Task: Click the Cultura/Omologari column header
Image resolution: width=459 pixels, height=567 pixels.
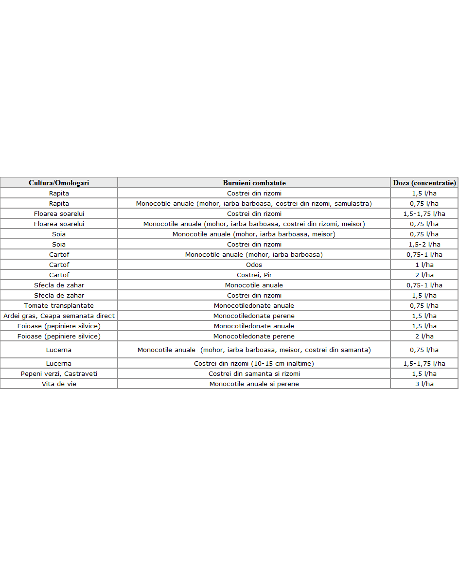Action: pyautogui.click(x=59, y=183)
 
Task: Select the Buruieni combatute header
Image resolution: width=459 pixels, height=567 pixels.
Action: pyautogui.click(x=254, y=183)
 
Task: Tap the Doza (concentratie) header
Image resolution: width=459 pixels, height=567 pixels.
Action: pyautogui.click(x=424, y=183)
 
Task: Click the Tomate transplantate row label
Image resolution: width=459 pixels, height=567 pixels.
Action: pyautogui.click(x=59, y=305)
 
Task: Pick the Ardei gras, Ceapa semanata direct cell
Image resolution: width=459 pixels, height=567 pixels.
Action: pyautogui.click(x=59, y=316)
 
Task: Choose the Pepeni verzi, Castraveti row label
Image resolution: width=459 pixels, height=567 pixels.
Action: pyautogui.click(x=59, y=373)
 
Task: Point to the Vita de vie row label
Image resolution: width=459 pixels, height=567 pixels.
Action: pyautogui.click(x=59, y=384)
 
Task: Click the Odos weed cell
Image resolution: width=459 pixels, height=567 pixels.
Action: pyautogui.click(x=254, y=265)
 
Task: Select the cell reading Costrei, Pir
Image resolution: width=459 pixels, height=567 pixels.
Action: pyautogui.click(x=254, y=275)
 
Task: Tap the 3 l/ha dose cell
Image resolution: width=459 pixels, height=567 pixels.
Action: pyautogui.click(x=424, y=384)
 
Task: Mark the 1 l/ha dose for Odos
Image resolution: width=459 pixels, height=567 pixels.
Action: pyautogui.click(x=424, y=265)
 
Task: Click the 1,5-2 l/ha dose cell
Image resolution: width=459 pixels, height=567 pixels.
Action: pyautogui.click(x=424, y=244)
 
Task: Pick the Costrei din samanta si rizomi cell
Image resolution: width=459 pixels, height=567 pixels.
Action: pyautogui.click(x=254, y=373)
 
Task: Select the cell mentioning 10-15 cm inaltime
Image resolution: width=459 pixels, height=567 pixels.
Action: pyautogui.click(x=254, y=363)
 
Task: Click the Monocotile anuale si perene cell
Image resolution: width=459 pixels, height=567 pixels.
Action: pyautogui.click(x=254, y=384)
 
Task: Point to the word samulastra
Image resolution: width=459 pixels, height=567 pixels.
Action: pyautogui.click(x=353, y=203)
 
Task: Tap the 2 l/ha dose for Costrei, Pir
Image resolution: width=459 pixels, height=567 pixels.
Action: pyautogui.click(x=424, y=275)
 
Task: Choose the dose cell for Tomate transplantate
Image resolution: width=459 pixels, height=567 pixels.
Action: pyautogui.click(x=424, y=305)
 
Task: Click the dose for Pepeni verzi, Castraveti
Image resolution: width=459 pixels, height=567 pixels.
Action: pyautogui.click(x=424, y=373)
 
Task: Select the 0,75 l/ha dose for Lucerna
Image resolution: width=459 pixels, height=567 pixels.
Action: pyautogui.click(x=424, y=350)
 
